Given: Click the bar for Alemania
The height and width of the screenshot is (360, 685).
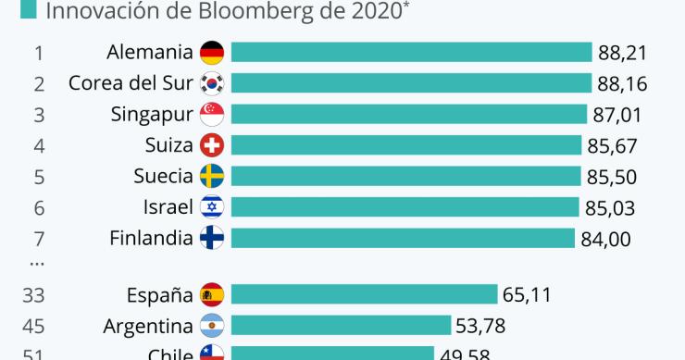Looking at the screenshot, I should click(x=411, y=53).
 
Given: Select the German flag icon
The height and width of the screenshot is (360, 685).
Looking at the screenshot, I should click(x=212, y=53).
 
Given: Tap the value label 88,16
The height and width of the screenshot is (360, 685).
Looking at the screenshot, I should click(x=622, y=84).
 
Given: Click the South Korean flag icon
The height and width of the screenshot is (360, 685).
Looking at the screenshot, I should click(x=212, y=84).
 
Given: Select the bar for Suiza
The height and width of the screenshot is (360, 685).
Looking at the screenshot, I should click(x=407, y=145).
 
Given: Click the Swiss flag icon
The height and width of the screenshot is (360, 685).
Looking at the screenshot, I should click(x=212, y=145).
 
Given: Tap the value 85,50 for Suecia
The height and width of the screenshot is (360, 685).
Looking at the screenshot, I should click(x=612, y=177).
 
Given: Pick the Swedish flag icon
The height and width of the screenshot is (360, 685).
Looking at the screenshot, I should click(x=212, y=177).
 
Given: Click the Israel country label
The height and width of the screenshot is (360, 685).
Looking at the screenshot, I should click(x=168, y=207).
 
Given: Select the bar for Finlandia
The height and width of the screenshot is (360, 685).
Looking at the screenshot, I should click(x=403, y=238).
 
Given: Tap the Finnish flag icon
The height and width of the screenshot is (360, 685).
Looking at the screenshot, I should click(x=212, y=238).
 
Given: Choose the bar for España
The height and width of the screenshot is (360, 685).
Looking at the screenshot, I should click(x=364, y=295).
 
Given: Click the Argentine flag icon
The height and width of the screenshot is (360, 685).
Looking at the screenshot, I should click(x=212, y=326).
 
